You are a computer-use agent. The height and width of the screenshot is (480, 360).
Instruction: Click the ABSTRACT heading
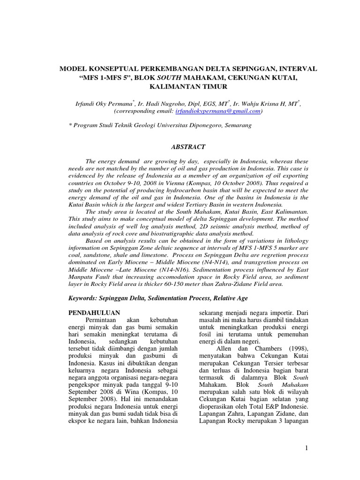[187, 147]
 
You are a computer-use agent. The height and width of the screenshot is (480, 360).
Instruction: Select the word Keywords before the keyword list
[85, 298]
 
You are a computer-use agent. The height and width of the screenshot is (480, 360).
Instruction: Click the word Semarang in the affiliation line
[237, 125]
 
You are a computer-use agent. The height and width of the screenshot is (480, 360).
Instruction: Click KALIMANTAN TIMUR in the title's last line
[187, 87]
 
